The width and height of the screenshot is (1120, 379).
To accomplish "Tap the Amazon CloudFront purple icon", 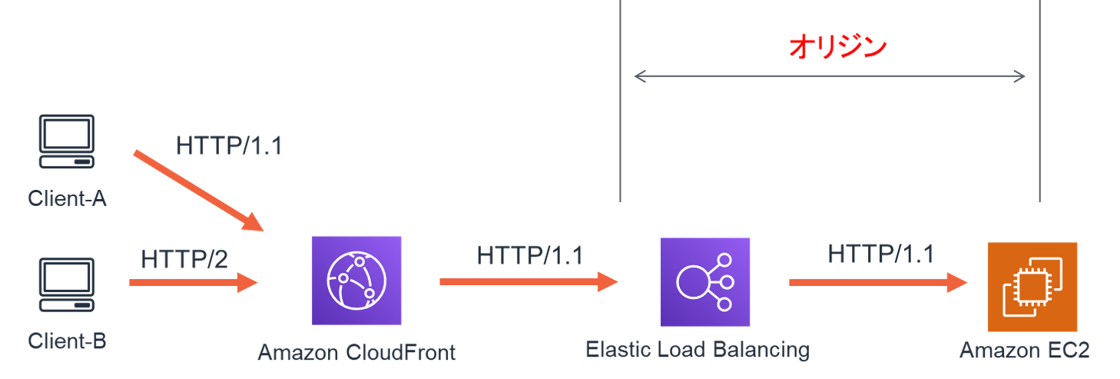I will pos(356,281).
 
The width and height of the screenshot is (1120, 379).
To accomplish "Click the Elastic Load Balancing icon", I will pos(705,281).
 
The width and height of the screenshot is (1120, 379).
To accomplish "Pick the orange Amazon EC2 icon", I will pos(1032,287).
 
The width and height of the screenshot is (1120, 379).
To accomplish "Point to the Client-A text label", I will pos(67,198).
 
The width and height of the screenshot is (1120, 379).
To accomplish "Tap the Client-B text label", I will pos(67,341).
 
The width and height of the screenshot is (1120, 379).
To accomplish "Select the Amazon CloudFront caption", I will pos(356,353).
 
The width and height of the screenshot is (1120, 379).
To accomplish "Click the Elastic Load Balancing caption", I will pos(697,351).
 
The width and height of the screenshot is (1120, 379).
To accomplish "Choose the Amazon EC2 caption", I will pos(1025,351).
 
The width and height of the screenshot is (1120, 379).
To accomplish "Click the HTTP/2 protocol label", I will pos(184,260).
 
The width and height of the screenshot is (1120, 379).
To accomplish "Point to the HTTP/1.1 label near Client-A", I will pos(229,146).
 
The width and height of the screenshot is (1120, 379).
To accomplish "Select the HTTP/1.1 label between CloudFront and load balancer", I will pos(529,255).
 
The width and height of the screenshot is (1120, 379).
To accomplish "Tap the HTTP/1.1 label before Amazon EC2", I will pos(881,254).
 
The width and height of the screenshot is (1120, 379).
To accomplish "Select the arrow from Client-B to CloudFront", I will pos(192,282).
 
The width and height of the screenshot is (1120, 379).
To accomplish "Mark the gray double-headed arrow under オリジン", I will pos(829,76).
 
